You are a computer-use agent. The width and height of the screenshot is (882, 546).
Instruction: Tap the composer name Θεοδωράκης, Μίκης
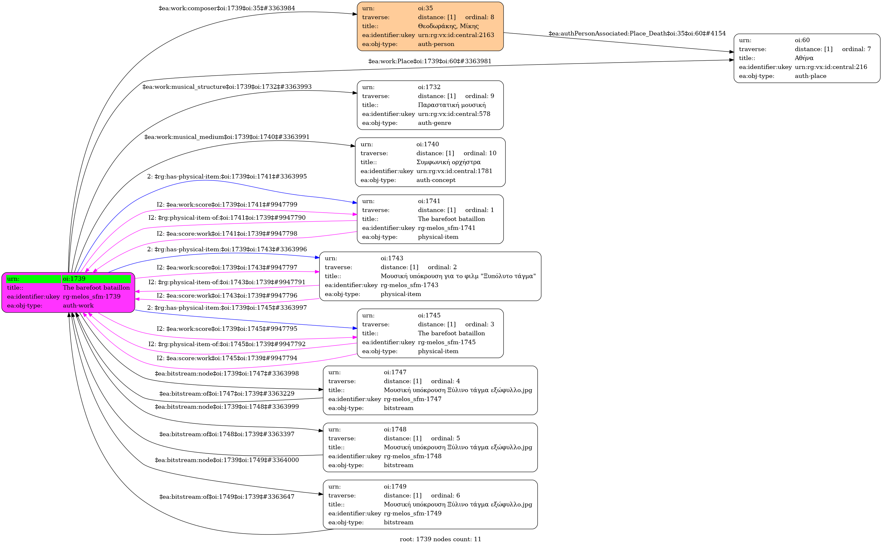tap(448, 26)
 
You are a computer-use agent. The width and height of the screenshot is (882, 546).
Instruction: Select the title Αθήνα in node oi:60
tap(804, 58)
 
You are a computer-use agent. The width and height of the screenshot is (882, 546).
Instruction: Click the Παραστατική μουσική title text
tap(452, 105)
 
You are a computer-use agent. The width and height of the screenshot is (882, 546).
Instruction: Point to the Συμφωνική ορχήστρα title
tap(448, 162)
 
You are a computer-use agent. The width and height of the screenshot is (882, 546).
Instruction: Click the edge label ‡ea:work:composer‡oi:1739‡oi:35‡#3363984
tap(227, 8)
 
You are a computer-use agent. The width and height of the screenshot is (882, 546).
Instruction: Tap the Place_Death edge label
tap(637, 34)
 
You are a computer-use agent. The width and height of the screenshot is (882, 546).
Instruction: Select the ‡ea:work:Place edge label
tap(430, 61)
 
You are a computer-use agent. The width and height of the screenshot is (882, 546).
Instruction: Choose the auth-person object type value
tap(436, 44)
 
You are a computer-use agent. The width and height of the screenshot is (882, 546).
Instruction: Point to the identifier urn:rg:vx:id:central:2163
tap(456, 35)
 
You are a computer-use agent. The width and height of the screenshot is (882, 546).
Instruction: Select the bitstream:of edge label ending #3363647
tap(227, 497)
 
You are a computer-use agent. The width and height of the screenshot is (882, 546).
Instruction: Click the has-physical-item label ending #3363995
tap(227, 177)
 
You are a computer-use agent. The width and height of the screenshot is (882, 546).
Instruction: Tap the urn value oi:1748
tap(395, 429)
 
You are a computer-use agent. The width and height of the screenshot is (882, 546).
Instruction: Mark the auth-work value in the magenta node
tap(78, 306)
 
